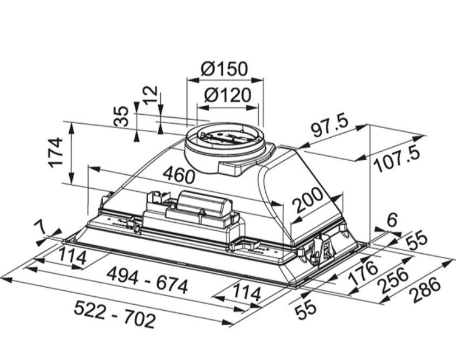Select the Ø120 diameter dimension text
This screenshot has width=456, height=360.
pyautogui.click(x=227, y=95)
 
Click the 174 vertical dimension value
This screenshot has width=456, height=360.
pyautogui.click(x=55, y=152)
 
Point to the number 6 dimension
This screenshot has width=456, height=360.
pyautogui.click(x=391, y=219)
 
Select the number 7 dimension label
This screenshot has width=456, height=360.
pyautogui.click(x=39, y=229)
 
